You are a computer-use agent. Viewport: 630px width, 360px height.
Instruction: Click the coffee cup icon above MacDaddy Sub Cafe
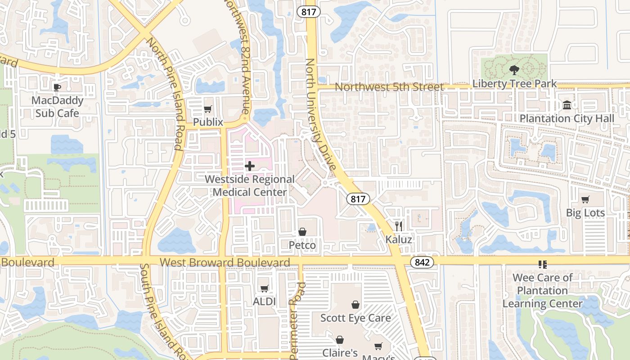pyautogui.click(x=57, y=87)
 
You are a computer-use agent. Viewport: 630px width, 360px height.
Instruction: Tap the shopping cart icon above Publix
pyautogui.click(x=207, y=109)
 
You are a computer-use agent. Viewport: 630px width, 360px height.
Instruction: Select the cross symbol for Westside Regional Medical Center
pyautogui.click(x=250, y=166)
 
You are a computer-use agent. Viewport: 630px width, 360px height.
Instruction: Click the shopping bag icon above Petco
pyautogui.click(x=302, y=232)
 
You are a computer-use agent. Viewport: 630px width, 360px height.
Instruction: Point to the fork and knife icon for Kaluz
pyautogui.click(x=398, y=225)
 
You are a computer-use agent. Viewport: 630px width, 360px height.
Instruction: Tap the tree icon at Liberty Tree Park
pyautogui.click(x=514, y=70)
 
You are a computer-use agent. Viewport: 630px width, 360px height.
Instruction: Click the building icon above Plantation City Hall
pyautogui.click(x=567, y=105)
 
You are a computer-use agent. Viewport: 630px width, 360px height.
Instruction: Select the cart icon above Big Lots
pyautogui.click(x=585, y=199)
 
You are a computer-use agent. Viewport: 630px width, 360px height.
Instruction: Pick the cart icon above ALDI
pyautogui.click(x=264, y=288)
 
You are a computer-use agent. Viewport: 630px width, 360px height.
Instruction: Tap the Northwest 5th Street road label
pyautogui.click(x=390, y=86)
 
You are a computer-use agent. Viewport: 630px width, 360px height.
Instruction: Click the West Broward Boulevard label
pyautogui.click(x=225, y=262)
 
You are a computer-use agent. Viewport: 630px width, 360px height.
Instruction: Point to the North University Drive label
pyautogui.click(x=320, y=115)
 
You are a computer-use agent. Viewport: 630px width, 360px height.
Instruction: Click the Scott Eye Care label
pyautogui.click(x=355, y=318)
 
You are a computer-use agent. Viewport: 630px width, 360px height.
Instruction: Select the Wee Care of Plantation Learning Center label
pyautogui.click(x=542, y=291)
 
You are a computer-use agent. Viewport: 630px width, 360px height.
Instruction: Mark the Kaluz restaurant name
pyautogui.click(x=399, y=239)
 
